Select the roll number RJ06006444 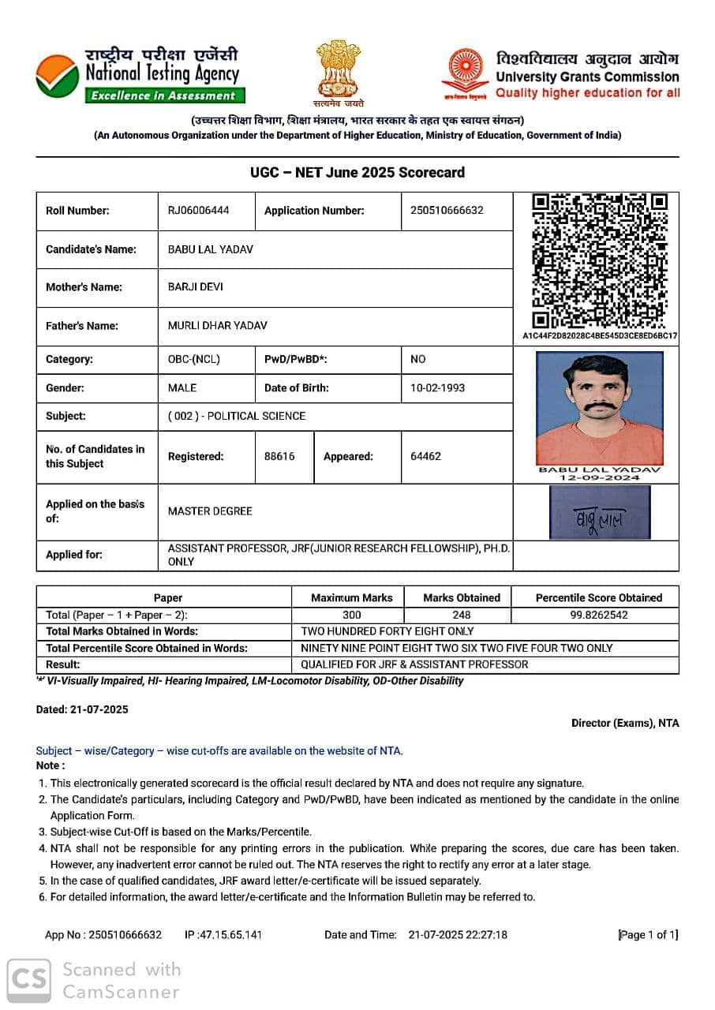199,210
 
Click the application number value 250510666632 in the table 447,210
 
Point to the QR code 600,260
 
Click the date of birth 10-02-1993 438,387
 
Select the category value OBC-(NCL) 194,359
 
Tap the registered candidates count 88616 279,456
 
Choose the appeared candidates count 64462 426,456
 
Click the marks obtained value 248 462,615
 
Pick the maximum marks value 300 352,615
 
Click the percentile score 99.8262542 599,615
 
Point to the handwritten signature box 600,512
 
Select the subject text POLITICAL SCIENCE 256,416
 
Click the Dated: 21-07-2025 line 82,709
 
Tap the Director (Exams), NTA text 625,723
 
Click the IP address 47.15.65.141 223,935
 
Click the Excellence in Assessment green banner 165,95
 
